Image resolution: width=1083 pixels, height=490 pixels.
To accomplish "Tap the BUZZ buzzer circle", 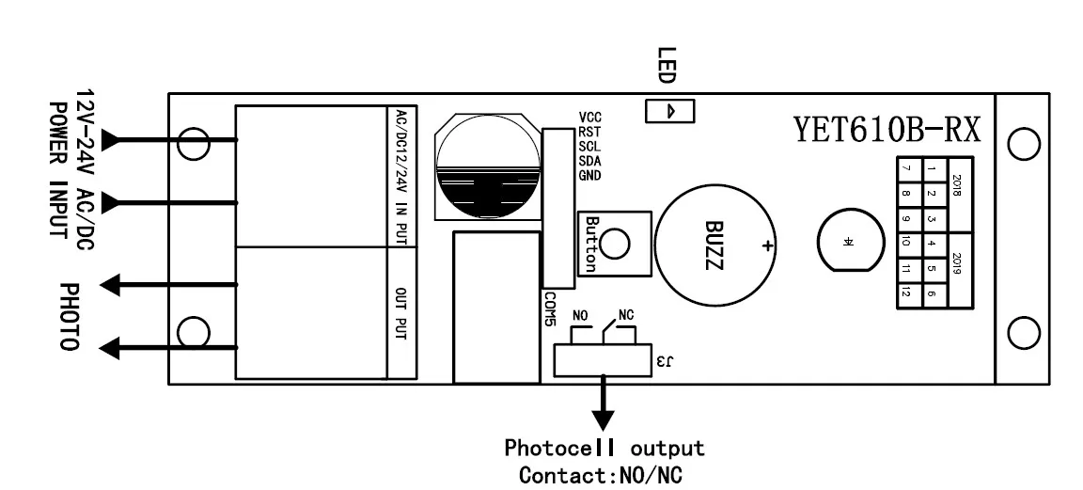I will click(x=715, y=244).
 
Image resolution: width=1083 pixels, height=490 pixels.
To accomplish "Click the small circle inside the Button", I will click(x=615, y=245).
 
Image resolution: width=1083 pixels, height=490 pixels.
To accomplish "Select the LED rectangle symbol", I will click(x=669, y=111).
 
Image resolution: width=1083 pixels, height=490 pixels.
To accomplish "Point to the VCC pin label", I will click(x=590, y=117).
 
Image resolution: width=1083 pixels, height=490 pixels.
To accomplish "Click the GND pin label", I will click(x=590, y=176).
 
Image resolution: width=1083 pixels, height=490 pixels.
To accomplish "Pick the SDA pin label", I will click(x=590, y=161).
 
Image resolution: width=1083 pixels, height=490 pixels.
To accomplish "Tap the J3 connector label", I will click(x=665, y=360).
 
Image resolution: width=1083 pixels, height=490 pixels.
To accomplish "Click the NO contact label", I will click(x=581, y=315).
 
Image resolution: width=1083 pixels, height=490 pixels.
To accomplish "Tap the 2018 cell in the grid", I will click(x=957, y=183).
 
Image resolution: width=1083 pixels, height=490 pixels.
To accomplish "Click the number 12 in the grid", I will click(x=905, y=293).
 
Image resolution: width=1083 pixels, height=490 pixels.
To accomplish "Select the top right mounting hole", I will click(x=1022, y=143).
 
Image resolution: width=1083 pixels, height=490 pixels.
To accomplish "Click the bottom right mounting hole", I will click(x=1022, y=332).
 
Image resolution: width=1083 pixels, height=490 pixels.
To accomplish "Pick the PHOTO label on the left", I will click(x=69, y=317).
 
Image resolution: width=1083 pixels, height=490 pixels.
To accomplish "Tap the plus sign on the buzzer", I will click(x=768, y=246).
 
